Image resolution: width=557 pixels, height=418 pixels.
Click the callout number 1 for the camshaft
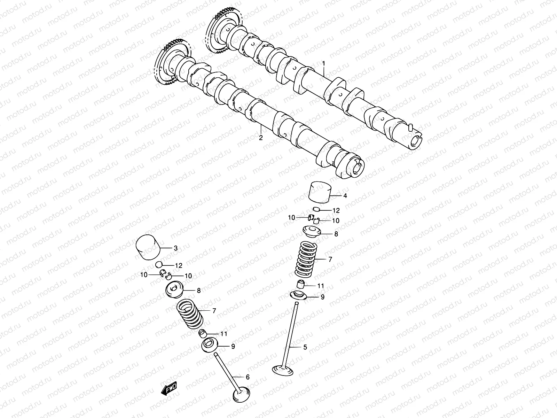point(323,63)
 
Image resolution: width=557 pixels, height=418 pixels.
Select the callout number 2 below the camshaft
point(260,138)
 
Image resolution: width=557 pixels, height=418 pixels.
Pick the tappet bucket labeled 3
point(148,247)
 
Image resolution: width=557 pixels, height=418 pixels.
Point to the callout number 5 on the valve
point(305,347)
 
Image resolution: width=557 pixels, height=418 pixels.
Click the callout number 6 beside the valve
point(248,377)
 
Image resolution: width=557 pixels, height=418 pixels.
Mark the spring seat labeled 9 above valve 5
point(299,295)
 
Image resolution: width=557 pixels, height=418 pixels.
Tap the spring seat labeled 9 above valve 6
point(211,345)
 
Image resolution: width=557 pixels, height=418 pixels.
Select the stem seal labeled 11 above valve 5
point(301,285)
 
